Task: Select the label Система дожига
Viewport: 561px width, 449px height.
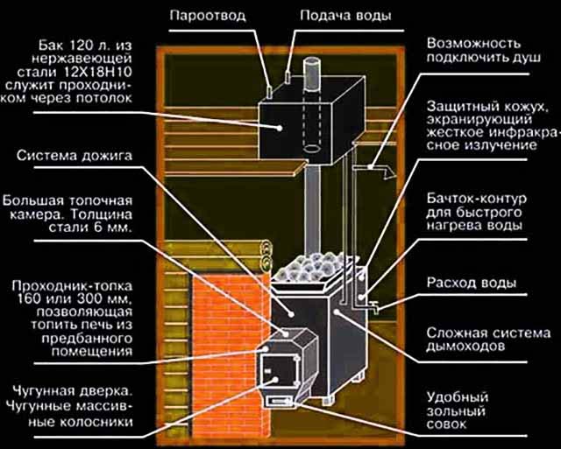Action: pos(73,156)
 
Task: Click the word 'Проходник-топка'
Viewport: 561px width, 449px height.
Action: pos(64,286)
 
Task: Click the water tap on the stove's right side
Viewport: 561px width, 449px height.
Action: pos(372,307)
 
